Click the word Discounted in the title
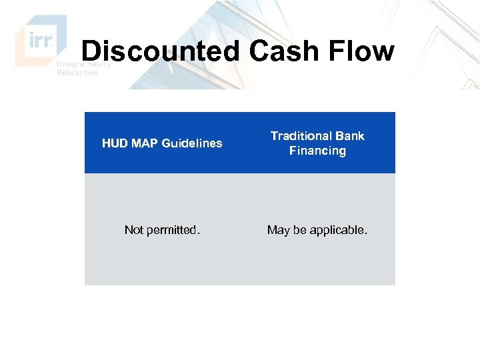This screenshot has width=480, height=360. (157, 51)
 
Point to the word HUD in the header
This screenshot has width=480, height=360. (114, 143)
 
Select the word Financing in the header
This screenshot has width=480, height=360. (317, 151)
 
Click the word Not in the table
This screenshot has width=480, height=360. (134, 230)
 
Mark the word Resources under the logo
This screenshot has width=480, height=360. (77, 73)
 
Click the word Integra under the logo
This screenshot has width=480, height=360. (71, 65)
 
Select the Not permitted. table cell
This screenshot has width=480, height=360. (162, 230)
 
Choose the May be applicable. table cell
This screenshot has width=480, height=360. (317, 230)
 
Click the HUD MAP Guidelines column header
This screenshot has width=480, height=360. (162, 143)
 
